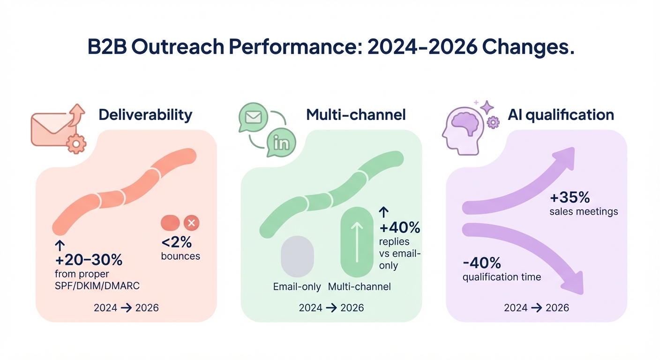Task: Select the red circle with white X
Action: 191,223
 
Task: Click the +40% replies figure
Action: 399,228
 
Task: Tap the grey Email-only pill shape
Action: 297,256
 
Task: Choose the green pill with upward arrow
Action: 357,242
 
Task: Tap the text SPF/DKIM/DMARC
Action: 97,285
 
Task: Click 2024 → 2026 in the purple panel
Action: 536,308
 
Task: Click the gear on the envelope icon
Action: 76,143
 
